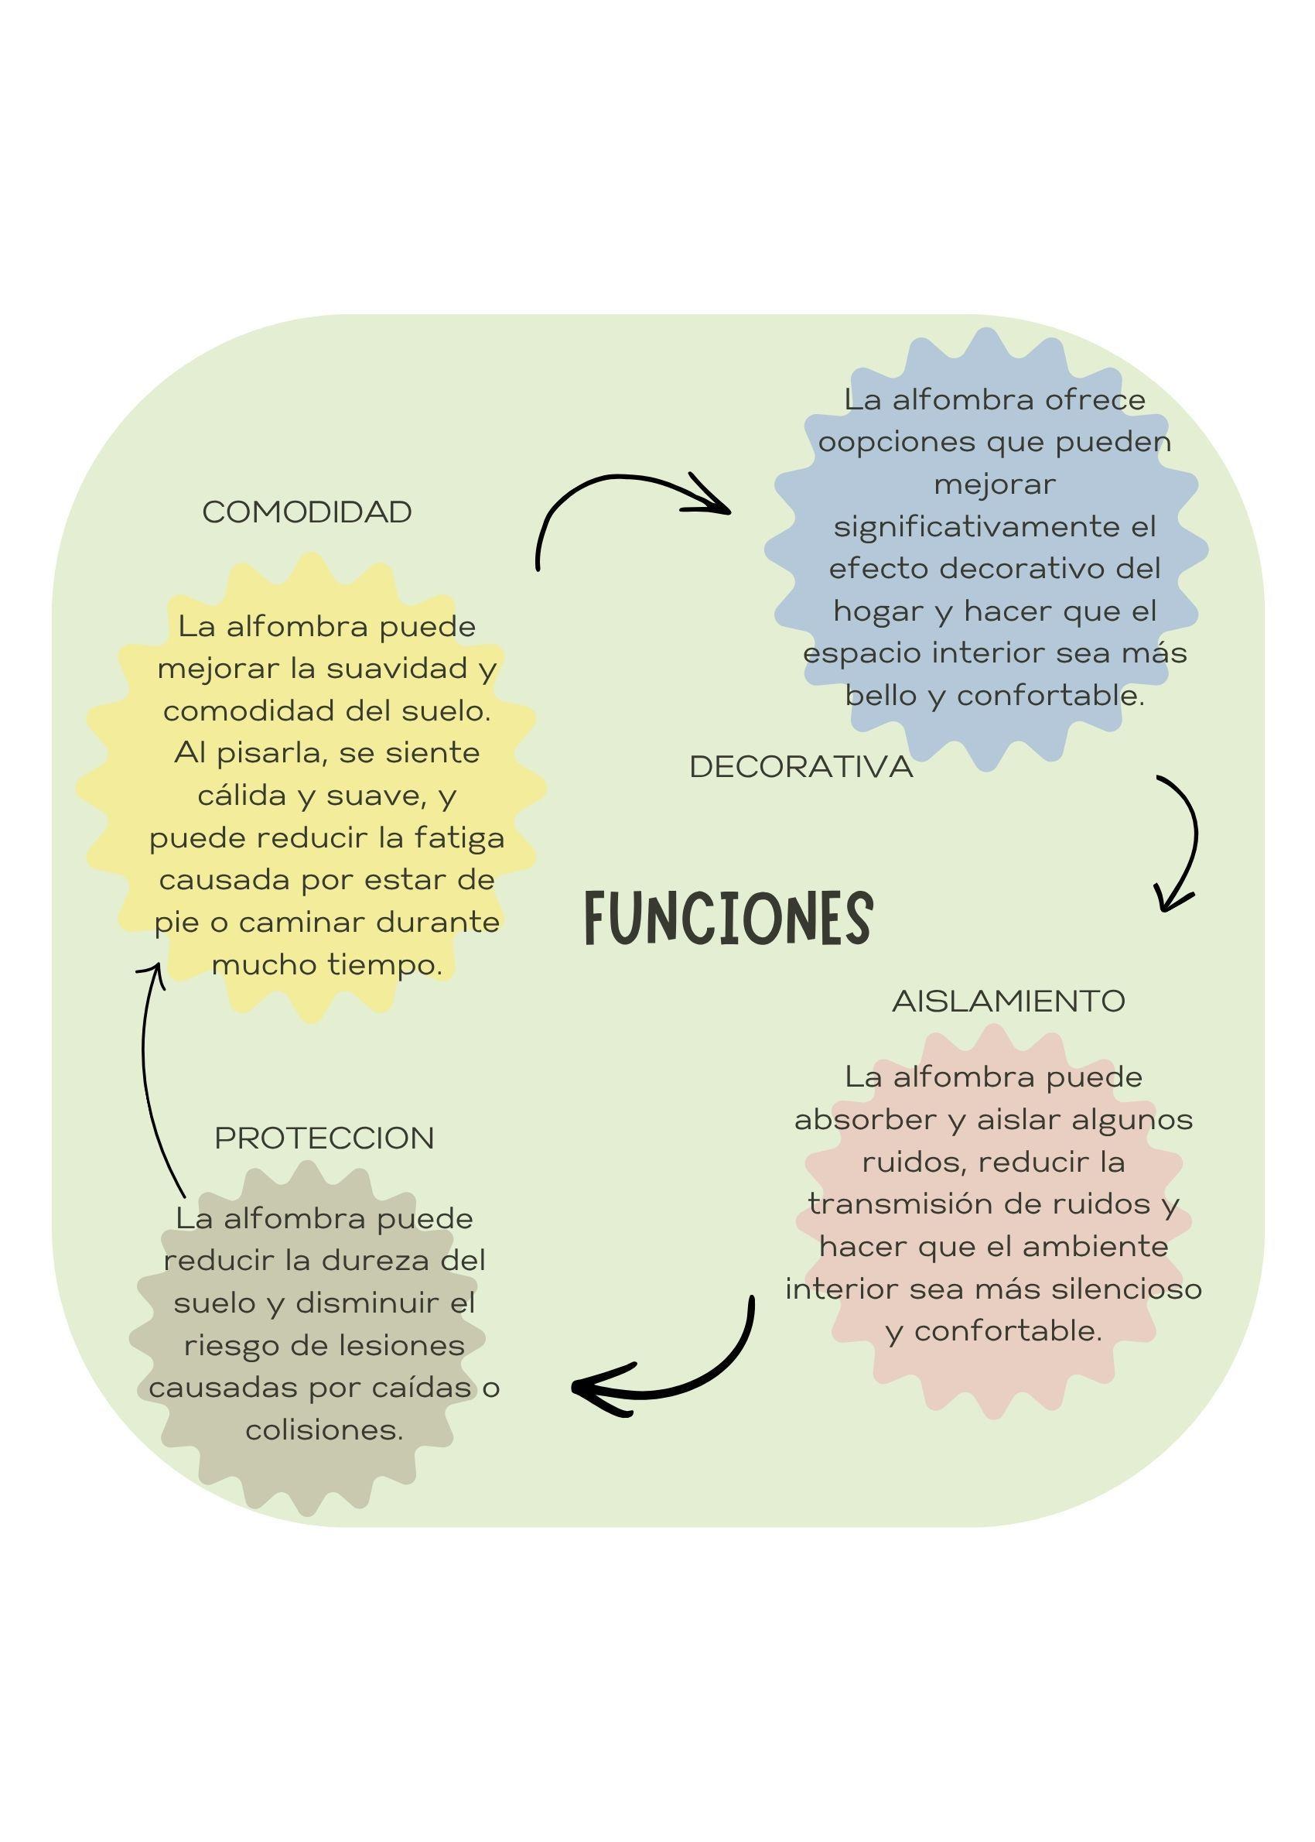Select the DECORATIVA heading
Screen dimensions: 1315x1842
[801, 767]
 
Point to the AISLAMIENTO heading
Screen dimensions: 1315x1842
[1008, 1001]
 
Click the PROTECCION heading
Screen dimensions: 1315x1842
[324, 1138]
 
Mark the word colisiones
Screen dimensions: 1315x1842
[324, 1429]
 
